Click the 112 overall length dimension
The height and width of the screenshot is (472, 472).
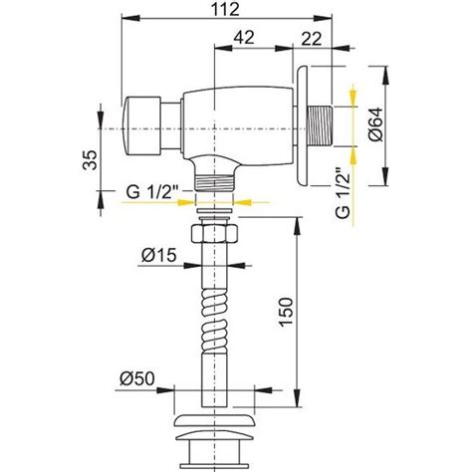(226, 9)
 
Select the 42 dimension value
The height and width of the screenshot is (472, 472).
(244, 38)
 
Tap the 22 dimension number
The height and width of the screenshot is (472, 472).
(312, 39)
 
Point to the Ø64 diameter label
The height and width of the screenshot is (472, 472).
(375, 124)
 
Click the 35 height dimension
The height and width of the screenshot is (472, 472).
(91, 160)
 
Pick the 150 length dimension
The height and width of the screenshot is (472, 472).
(286, 312)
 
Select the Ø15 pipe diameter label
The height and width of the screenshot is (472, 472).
(159, 256)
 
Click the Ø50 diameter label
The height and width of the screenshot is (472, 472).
(137, 378)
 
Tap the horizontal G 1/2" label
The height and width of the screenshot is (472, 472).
(152, 192)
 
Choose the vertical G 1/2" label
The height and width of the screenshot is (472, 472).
(343, 193)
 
